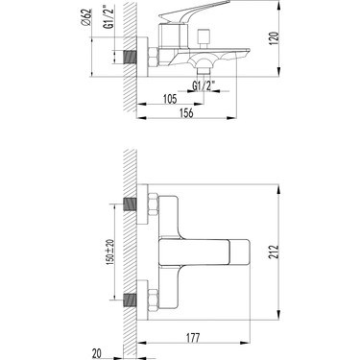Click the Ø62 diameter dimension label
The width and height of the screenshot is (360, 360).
(86, 17)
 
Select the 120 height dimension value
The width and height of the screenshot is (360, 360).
(275, 38)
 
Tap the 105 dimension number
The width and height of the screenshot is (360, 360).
(170, 99)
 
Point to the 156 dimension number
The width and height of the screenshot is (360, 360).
(186, 113)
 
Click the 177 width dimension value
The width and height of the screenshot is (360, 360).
(193, 338)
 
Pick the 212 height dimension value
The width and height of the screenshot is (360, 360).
(275, 252)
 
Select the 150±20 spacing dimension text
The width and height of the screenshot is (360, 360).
(110, 252)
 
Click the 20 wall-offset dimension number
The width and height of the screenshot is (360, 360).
(96, 354)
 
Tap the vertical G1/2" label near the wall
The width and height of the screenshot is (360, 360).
(109, 18)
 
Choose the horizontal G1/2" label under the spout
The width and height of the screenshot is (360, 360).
(204, 85)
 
